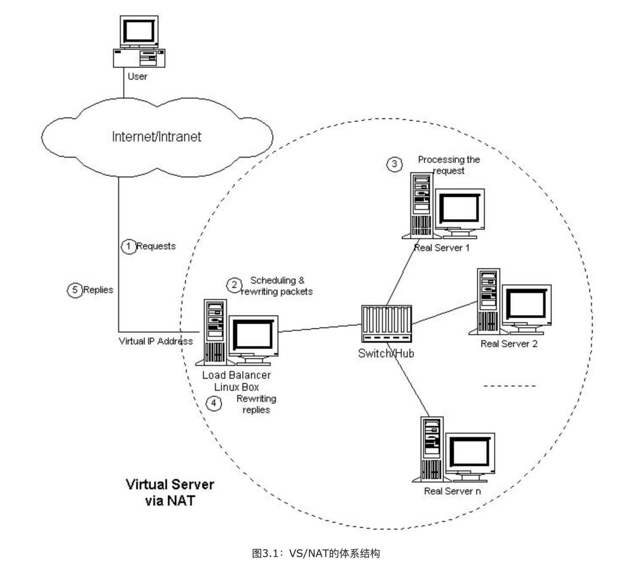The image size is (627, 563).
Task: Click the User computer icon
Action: pos(139,42)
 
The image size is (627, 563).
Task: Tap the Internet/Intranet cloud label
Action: pos(156,137)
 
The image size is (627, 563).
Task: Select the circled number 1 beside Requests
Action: pos(128,246)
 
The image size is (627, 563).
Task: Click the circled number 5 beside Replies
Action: pos(75,290)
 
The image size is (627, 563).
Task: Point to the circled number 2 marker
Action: pos(234,285)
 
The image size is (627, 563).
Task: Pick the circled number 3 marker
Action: pos(394,164)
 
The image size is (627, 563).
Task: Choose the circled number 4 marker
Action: pos(214,403)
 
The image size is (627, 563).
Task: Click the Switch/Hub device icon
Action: pos(386,323)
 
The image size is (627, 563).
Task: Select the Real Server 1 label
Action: pos(442,248)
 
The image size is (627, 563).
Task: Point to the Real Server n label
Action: pos(452,491)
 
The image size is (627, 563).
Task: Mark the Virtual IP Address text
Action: pos(156,341)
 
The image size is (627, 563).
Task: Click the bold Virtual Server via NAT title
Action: pos(170,492)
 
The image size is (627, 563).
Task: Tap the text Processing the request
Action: pos(448,165)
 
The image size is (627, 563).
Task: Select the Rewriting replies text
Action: pos(256,404)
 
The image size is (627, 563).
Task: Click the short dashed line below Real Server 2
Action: pos(509,386)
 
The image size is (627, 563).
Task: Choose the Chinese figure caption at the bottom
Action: pos(316,553)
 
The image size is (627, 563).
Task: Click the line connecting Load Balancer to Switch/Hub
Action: pos(319,328)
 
